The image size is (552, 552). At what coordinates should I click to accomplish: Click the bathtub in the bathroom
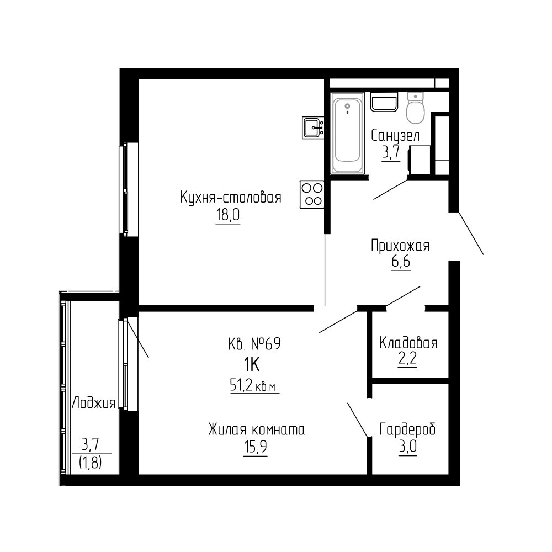(347, 133)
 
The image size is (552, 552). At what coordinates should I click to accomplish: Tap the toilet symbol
(416, 108)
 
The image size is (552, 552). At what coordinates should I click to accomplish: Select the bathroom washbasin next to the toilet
(384, 102)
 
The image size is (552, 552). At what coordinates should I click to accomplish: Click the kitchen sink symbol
(313, 128)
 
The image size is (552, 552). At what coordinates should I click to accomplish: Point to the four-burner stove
(312, 194)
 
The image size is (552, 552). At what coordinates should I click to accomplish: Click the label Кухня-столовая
(231, 198)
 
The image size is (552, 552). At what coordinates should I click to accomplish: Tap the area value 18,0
(228, 215)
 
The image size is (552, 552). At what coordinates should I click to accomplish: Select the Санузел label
(395, 136)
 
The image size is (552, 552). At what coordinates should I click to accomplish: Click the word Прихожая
(400, 246)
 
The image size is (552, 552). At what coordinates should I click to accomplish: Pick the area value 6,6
(401, 262)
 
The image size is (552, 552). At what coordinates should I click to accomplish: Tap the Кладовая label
(408, 343)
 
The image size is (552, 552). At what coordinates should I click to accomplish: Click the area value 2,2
(408, 359)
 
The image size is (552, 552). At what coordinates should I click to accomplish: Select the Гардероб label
(408, 429)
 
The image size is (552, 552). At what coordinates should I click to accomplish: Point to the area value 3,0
(408, 447)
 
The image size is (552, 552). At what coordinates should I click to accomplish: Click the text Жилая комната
(257, 430)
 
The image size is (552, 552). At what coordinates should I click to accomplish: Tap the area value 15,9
(255, 447)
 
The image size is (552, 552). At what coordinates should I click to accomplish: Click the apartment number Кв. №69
(254, 343)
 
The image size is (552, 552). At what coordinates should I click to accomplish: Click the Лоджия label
(94, 403)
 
